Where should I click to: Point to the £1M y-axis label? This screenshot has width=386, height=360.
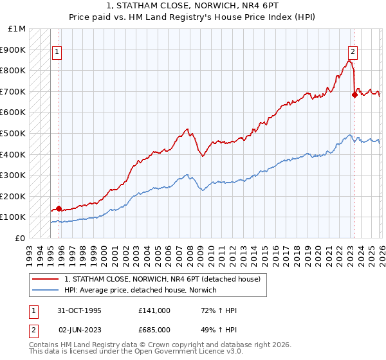coord(17,29)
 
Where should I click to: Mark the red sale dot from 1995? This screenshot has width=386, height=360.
coord(59,208)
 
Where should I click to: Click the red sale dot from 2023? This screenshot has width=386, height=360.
coord(354,94)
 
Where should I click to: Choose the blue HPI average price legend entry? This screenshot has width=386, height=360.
coord(140,290)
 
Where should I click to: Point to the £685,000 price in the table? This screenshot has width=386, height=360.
coord(155,330)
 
